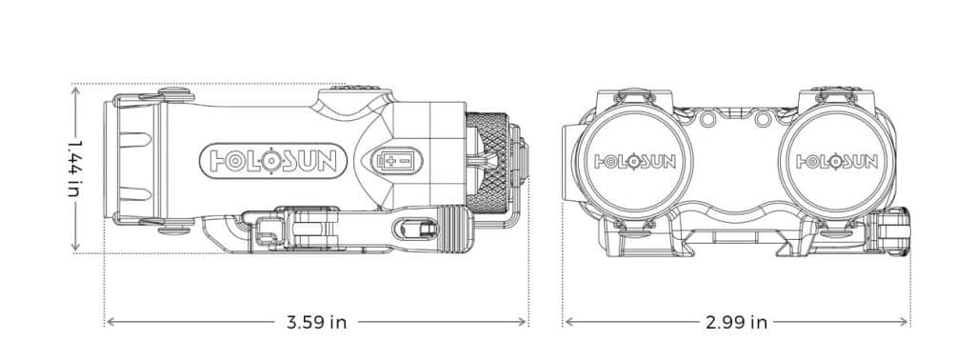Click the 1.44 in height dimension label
[75, 168]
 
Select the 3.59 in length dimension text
[316, 322]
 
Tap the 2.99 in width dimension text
[736, 322]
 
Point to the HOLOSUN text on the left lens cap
[635, 162]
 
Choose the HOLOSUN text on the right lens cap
[837, 162]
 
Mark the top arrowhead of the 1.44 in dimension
[75, 90]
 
